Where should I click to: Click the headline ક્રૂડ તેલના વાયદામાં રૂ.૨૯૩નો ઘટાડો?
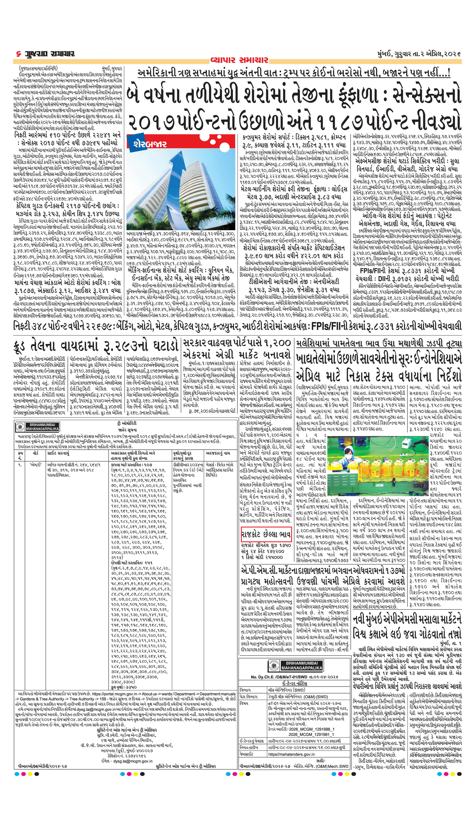[96, 345]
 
